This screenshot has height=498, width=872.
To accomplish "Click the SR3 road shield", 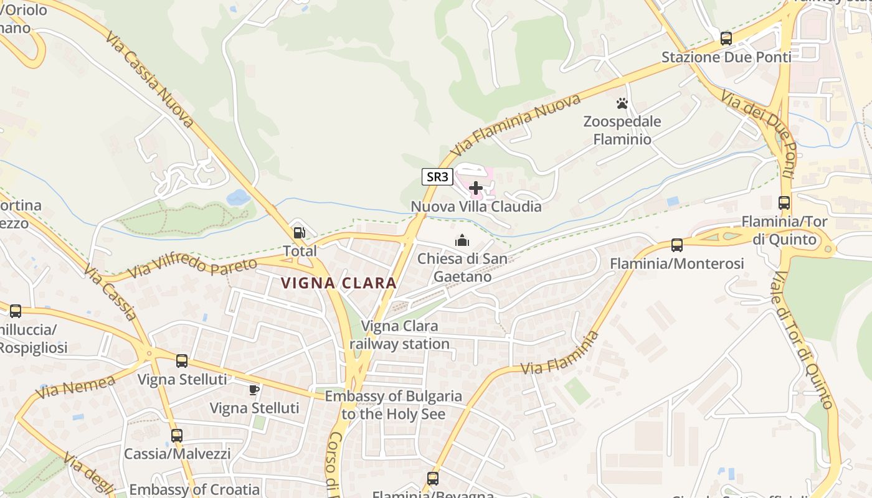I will tap(437, 177).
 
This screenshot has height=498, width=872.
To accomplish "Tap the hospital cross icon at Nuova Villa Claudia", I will tap(476, 187).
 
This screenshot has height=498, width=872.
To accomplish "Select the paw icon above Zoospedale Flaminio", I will tap(622, 103).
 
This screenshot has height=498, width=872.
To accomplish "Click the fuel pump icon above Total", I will tap(300, 233).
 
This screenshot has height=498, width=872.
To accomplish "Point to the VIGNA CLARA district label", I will tap(338, 283).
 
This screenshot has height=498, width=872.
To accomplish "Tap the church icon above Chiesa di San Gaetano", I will tap(462, 240).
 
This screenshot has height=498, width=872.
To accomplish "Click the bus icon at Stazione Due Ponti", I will tap(726, 39).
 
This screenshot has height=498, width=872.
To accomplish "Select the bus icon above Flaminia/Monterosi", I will tap(677, 245).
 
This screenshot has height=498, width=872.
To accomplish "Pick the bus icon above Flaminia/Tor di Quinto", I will tap(784, 203).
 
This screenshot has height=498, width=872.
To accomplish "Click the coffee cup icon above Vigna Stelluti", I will tap(254, 390).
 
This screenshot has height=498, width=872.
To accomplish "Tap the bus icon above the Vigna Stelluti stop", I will tap(182, 361).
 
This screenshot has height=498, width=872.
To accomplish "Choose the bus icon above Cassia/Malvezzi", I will tap(177, 436).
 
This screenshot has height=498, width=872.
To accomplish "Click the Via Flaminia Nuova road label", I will tap(517, 125).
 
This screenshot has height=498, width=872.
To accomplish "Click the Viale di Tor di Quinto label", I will tap(803, 341).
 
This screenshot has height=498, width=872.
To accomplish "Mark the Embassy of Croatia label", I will tap(194, 489).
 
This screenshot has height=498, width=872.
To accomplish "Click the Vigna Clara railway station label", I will tap(399, 335).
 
